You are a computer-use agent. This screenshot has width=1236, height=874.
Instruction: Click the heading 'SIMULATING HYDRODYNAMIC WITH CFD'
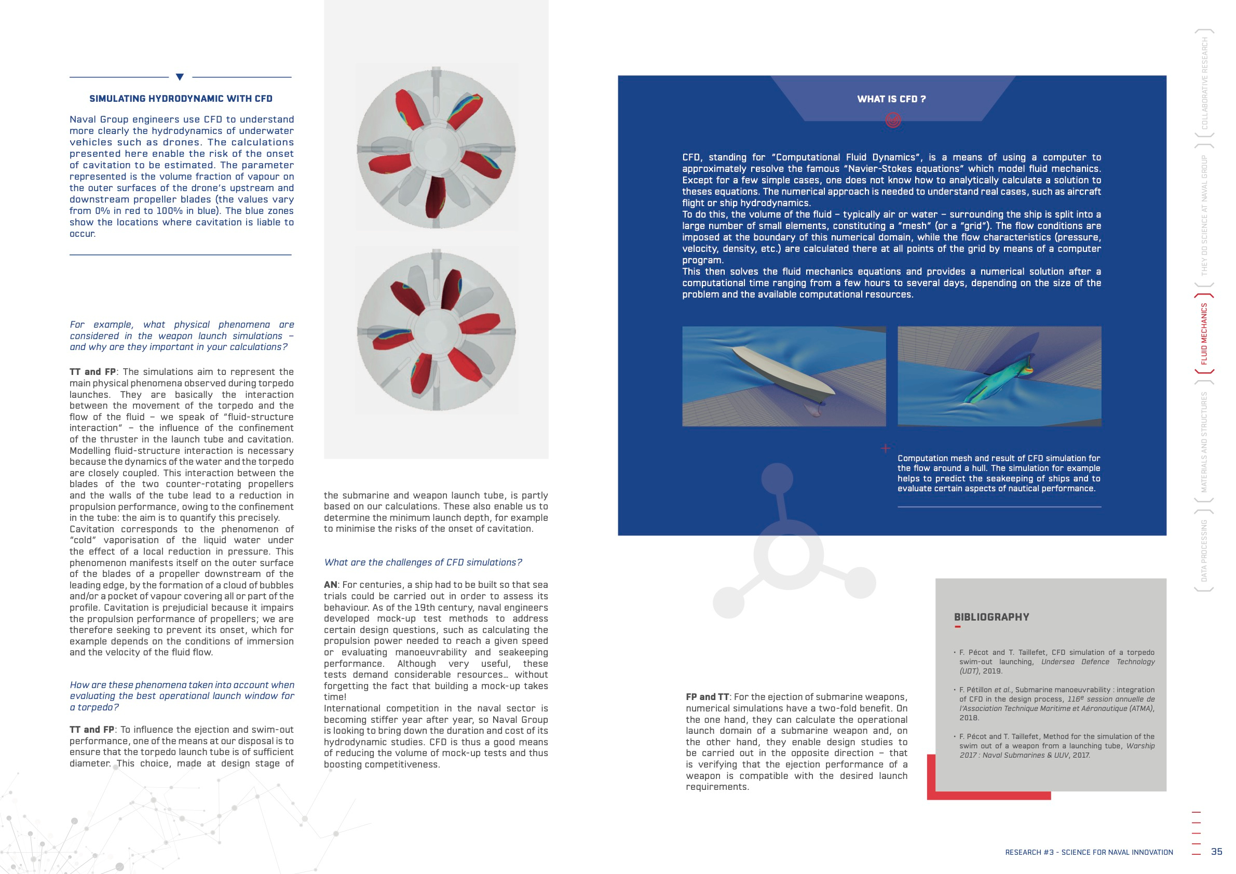click(x=181, y=99)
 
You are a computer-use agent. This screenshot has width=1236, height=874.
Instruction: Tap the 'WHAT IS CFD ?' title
click(x=891, y=99)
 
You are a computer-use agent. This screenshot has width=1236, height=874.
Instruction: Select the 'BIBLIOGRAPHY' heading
click(x=991, y=617)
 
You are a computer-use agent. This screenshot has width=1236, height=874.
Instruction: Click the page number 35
click(x=1216, y=851)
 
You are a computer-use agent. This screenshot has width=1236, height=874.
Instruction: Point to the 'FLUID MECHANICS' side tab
click(x=1204, y=334)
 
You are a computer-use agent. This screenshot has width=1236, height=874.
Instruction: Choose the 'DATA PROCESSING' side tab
click(x=1204, y=550)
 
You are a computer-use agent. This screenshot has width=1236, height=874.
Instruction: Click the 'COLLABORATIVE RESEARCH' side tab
click(x=1204, y=84)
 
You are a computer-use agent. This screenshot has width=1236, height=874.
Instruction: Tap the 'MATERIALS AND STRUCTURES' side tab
click(x=1204, y=442)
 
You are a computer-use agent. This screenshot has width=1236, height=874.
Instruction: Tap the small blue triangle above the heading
click(x=180, y=77)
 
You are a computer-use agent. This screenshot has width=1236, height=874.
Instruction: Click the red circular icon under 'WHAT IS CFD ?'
click(x=892, y=119)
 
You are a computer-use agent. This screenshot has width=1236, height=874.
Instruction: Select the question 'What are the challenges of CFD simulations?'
click(x=423, y=562)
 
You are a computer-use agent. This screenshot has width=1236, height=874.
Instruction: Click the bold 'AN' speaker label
click(x=330, y=585)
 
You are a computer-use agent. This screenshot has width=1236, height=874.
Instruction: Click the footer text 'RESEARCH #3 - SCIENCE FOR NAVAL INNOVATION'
click(x=1089, y=852)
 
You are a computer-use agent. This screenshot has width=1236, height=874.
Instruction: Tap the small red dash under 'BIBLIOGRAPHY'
click(x=957, y=627)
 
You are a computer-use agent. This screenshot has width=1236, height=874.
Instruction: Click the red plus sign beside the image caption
click(x=885, y=448)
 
